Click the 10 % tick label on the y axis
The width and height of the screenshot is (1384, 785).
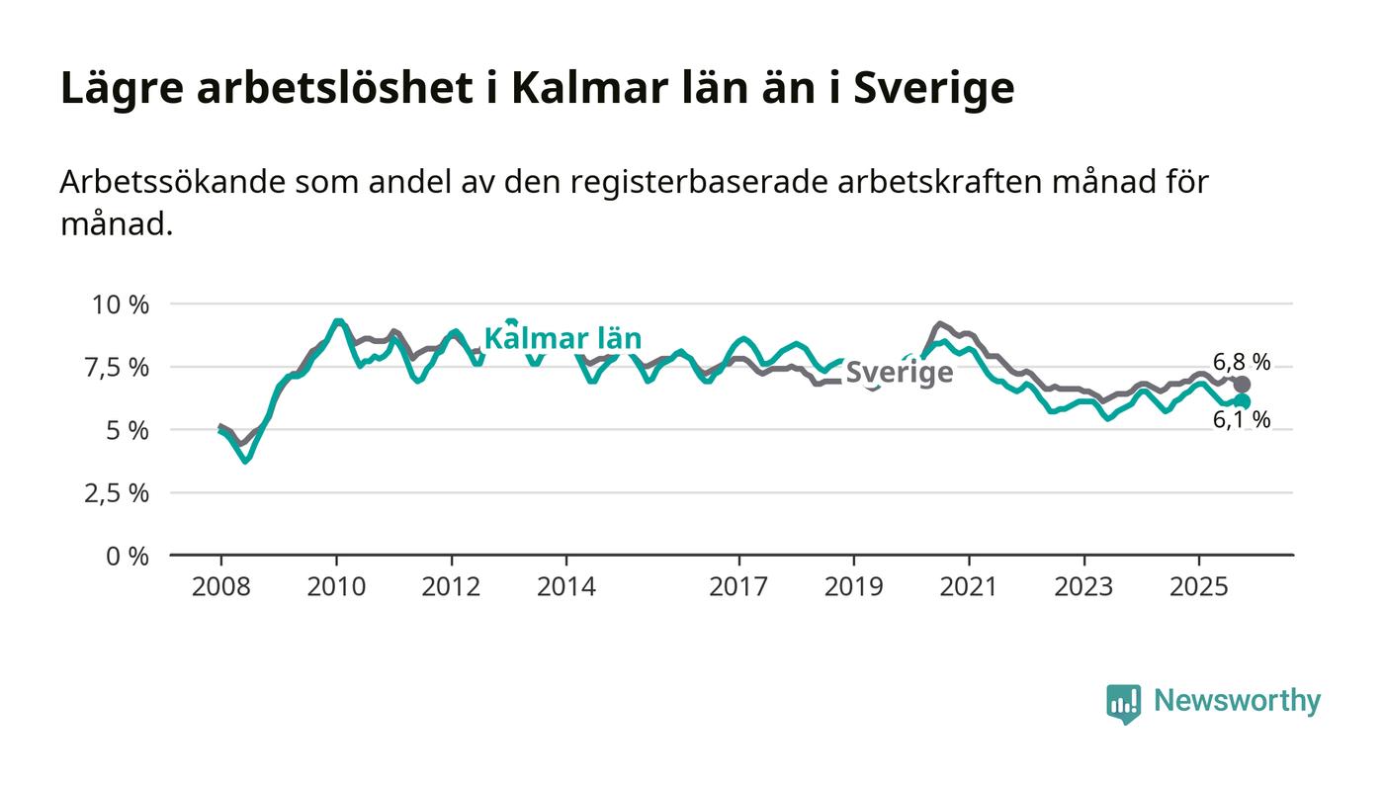tap(121, 305)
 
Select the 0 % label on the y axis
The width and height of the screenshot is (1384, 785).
tap(130, 557)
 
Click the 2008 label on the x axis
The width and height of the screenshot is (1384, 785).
tap(220, 587)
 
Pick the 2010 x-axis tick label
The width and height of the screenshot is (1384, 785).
tap(336, 587)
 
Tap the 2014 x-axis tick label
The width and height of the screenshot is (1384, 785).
tap(566, 587)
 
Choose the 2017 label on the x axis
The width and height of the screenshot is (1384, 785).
tap(738, 587)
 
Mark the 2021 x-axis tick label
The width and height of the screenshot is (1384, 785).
tap(969, 587)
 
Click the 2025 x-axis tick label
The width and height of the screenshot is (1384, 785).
tap(1198, 587)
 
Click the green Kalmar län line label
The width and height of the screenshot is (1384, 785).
tap(562, 339)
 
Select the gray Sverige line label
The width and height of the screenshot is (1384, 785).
tap(900, 373)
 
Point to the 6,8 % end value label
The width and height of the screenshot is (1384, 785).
tap(1242, 361)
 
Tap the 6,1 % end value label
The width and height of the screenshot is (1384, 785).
tap(1242, 420)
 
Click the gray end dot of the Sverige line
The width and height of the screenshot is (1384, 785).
tap(1243, 384)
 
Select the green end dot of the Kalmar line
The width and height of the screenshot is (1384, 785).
tap(1243, 401)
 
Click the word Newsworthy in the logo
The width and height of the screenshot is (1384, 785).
tap(1237, 701)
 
